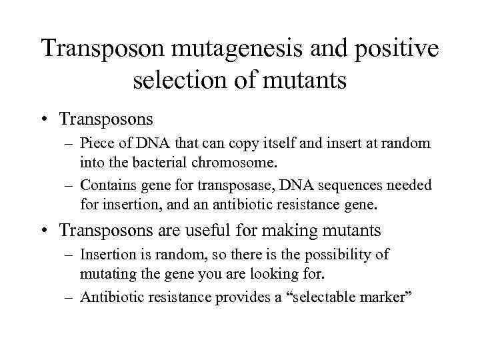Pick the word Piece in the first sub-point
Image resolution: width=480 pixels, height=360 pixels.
tap(95, 143)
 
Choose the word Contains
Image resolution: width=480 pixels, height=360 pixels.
tap(107, 185)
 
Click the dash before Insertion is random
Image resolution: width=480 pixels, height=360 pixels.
tap(69, 255)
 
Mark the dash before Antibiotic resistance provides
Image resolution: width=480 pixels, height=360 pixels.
tap(69, 297)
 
